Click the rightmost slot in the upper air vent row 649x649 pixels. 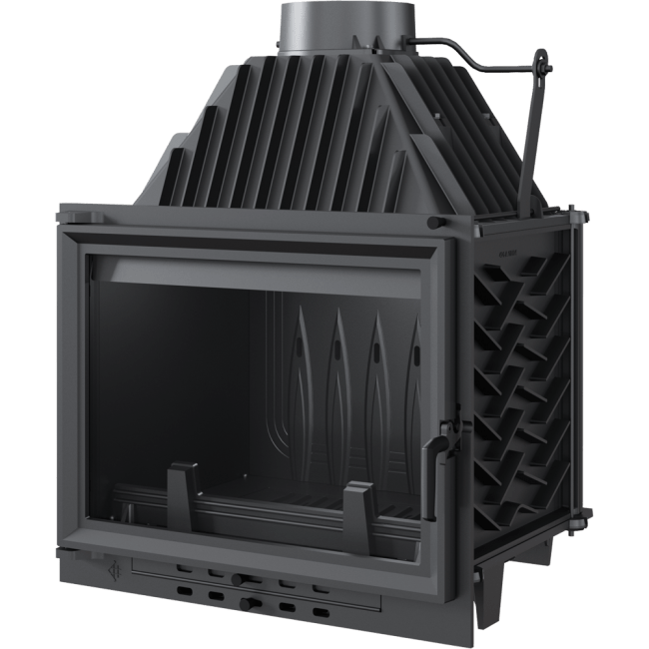(x=318, y=581)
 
